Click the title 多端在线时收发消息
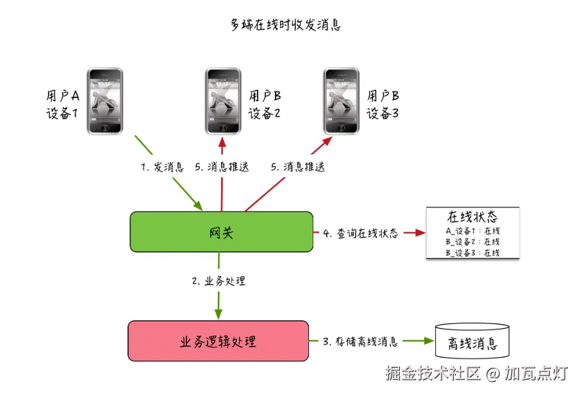click(286, 25)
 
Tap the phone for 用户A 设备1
click(104, 101)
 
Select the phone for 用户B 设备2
click(223, 101)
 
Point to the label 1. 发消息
click(163, 167)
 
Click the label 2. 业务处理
click(219, 281)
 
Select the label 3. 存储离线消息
click(360, 341)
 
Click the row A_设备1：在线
click(472, 231)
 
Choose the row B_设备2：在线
click(472, 242)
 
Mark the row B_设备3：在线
click(472, 252)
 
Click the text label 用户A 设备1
click(62, 105)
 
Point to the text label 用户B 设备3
click(383, 105)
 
